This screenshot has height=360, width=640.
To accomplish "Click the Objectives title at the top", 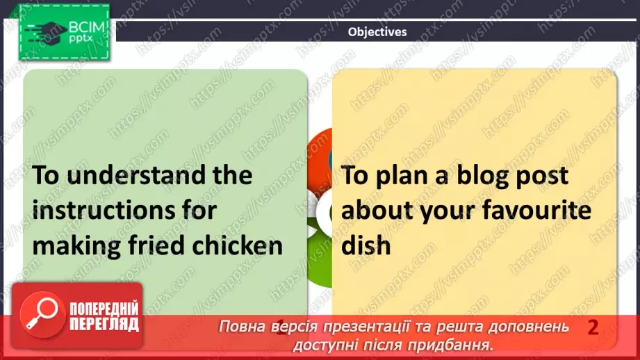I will (377, 31).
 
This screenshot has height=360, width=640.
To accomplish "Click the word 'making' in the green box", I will (74, 246).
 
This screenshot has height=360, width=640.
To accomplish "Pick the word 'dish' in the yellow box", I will (367, 245).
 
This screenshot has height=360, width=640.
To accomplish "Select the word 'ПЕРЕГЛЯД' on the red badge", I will (104, 325).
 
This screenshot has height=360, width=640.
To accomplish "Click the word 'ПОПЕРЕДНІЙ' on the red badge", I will (104, 309).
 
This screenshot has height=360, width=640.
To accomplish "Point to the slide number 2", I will (593, 327).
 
